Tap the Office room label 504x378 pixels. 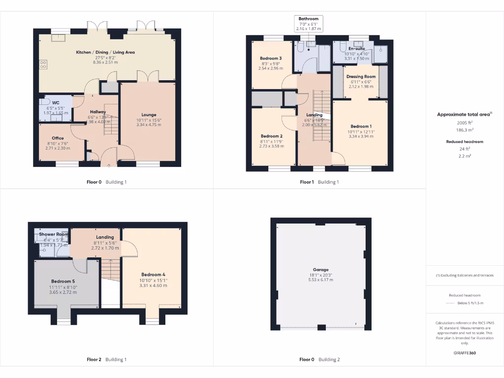click(x=58, y=138)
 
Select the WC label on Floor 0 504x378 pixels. click(x=56, y=103)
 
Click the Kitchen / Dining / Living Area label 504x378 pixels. click(x=105, y=52)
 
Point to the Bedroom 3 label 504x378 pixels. click(x=271, y=59)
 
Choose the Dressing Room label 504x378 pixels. click(x=361, y=77)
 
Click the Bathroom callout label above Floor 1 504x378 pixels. click(x=309, y=19)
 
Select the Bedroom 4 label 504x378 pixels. click(x=153, y=275)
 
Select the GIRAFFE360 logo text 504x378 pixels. click(x=464, y=353)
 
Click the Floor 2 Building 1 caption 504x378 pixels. click(x=106, y=359)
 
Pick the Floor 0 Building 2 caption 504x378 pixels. click(x=319, y=359)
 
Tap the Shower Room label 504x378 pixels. click(x=54, y=235)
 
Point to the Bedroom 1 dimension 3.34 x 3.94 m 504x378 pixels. click(x=361, y=136)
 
